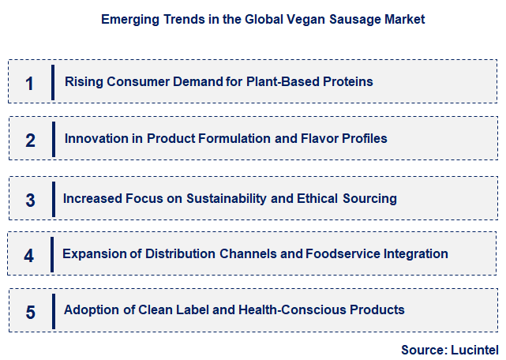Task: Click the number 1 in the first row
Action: (x=29, y=83)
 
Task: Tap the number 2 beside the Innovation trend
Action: (x=30, y=141)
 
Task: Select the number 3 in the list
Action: (x=30, y=200)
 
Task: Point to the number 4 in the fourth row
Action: (x=29, y=255)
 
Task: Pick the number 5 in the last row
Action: (x=30, y=312)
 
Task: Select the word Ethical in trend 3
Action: (x=310, y=198)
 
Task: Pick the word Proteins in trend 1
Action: (x=348, y=81)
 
